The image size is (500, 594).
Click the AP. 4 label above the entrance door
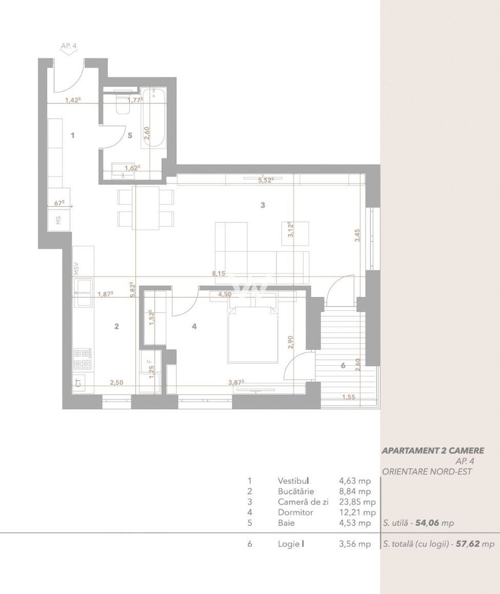click(69, 47)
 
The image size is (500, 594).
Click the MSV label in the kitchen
click(77, 268)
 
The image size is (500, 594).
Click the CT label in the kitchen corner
click(79, 383)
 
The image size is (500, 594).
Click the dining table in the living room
click(146, 207)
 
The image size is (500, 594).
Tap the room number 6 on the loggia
click(343, 365)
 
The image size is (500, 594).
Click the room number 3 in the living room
click(263, 205)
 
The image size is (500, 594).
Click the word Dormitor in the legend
click(295, 512)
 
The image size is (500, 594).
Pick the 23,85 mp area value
click(357, 502)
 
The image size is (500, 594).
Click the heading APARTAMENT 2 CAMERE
click(425, 450)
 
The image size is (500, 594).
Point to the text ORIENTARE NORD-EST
click(426, 471)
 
